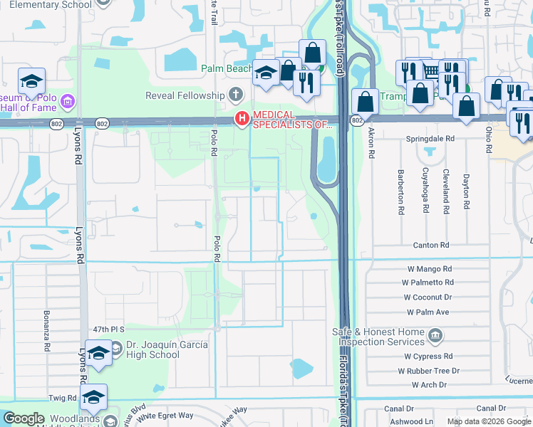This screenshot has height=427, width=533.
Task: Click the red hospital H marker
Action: (242, 118)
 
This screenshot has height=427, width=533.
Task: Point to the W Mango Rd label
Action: (430, 269)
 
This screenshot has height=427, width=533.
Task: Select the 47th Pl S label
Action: (108, 330)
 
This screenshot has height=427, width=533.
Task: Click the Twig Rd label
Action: (63, 398)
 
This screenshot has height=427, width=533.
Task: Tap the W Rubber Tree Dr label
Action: (429, 371)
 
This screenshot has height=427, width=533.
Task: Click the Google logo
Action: (24, 418)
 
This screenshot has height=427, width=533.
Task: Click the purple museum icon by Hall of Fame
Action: (68, 101)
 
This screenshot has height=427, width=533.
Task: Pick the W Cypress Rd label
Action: (429, 356)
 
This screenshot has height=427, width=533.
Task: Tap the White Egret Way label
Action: (166, 415)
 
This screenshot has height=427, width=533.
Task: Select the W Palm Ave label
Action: (428, 312)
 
